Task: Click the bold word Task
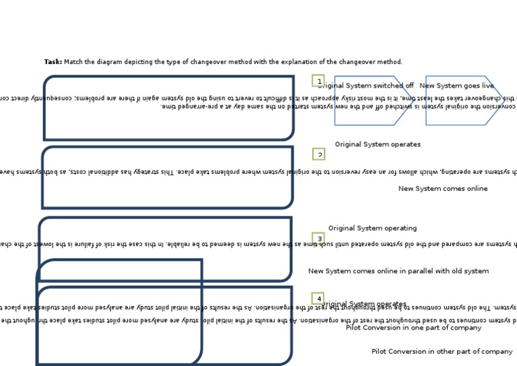(x=53, y=62)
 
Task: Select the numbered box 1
(x=318, y=81)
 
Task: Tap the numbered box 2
(x=319, y=154)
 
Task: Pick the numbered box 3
(x=319, y=239)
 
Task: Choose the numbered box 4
(x=318, y=299)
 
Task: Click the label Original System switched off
(x=366, y=86)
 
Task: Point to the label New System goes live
(x=456, y=86)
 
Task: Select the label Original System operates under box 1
(x=378, y=144)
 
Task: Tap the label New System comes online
(x=443, y=189)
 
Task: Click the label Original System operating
(x=372, y=228)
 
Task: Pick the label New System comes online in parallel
(x=399, y=271)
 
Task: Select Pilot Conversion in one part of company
(x=413, y=328)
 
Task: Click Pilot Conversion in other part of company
(x=442, y=352)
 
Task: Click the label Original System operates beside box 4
(x=365, y=305)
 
